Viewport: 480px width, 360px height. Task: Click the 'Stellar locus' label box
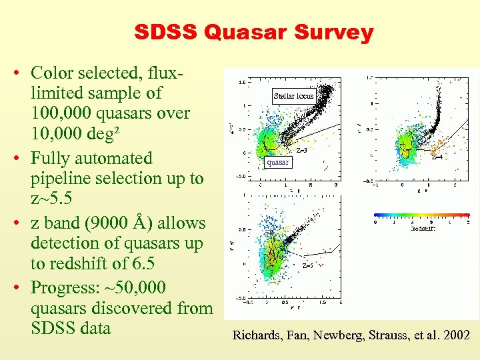[293, 96]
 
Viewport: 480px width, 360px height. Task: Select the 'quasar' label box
[277, 162]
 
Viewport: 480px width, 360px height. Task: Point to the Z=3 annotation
[301, 150]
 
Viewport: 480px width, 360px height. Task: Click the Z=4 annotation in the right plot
[437, 157]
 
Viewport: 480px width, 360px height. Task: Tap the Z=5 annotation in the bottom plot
[308, 265]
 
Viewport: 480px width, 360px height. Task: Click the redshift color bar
[421, 215]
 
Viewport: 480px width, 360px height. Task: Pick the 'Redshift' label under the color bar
[423, 228]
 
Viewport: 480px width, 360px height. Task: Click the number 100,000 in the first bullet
[65, 114]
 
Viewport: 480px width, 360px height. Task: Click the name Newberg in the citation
[332, 335]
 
